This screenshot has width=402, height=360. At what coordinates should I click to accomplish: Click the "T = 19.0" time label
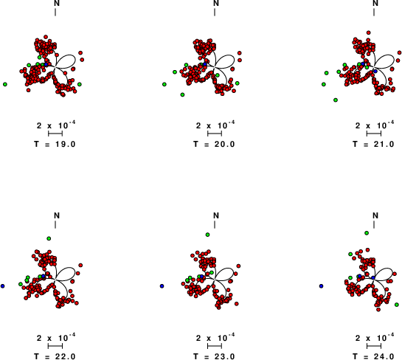pos(55,144)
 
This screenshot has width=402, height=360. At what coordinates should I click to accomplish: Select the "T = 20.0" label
pos(214,144)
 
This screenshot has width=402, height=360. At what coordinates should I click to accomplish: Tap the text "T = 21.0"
pos(373,144)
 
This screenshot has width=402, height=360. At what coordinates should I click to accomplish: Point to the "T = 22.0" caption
pos(55,356)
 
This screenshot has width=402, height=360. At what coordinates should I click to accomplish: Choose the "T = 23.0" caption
pos(214,356)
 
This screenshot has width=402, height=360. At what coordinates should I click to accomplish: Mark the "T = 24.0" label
pos(373,356)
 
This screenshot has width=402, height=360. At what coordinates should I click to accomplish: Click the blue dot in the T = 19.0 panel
pos(46,64)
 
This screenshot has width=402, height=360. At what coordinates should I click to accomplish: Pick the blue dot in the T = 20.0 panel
pos(205,64)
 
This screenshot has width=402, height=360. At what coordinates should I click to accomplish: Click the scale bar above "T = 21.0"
pos(374,134)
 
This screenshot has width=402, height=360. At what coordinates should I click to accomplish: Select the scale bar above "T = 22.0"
pos(55,346)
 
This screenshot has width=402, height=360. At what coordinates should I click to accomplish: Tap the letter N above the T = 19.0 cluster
pos(57,4)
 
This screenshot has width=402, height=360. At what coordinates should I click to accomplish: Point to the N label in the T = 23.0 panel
pos(216,215)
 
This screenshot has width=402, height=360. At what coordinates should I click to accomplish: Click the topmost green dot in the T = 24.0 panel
pos(367,233)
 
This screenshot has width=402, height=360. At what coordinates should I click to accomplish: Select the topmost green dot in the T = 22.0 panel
pos(49,238)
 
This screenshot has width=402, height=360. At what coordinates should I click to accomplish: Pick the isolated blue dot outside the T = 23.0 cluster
pos(162,286)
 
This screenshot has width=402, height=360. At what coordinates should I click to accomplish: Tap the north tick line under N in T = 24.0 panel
pos(374,224)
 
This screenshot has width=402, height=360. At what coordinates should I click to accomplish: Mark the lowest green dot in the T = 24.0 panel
pos(397,305)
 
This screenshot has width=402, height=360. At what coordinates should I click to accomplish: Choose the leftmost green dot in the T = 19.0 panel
pos(5,84)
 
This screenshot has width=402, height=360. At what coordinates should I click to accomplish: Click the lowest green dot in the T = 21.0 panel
pos(336,100)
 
